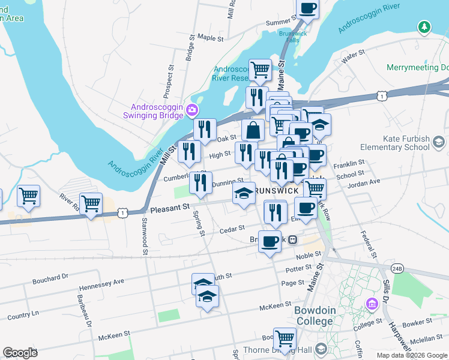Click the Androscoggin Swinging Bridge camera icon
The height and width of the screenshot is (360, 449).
(x=192, y=109)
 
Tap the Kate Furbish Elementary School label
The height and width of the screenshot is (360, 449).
(x=395, y=143)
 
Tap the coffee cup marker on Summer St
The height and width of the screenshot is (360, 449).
(x=307, y=8)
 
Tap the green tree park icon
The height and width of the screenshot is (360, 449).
(x=424, y=27)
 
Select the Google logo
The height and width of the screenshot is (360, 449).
(x=20, y=353)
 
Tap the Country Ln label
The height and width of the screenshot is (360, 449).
(x=23, y=314)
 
